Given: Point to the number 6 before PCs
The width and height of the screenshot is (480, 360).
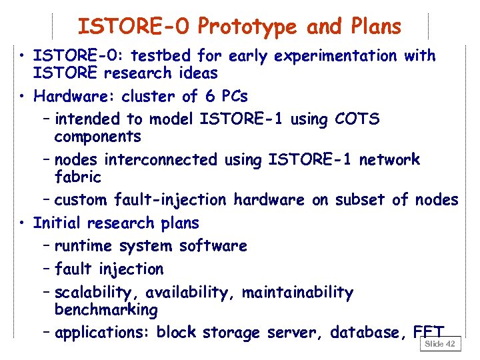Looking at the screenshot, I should click(x=210, y=96).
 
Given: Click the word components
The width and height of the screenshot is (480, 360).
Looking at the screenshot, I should click(x=97, y=137).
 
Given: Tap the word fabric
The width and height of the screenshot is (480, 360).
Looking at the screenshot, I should click(x=77, y=177).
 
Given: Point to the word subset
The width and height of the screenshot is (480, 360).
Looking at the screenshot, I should click(x=359, y=200).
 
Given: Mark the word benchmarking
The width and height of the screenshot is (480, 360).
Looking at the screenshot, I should click(x=106, y=311).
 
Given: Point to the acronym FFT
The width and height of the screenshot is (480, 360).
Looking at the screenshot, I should click(x=428, y=331).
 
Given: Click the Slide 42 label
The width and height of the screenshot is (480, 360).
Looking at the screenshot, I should click(x=440, y=343).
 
